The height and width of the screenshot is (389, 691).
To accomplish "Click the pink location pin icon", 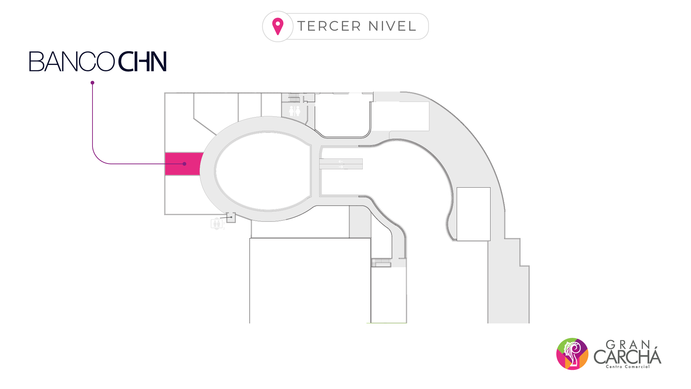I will [x=278, y=26].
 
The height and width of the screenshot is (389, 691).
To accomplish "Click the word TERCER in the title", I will [x=329, y=26].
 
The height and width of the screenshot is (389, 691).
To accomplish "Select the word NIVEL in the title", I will [x=392, y=26].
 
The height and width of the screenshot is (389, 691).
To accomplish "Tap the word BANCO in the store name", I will [x=72, y=62].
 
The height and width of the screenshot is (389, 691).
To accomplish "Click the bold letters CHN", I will [x=143, y=62].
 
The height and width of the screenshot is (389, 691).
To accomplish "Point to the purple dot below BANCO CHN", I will [x=92, y=83].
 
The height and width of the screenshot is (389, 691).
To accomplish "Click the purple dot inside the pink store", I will [x=185, y=164].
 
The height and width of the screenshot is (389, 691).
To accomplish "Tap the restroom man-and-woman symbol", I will [x=294, y=111].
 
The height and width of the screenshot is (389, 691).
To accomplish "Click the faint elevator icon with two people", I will [x=217, y=224].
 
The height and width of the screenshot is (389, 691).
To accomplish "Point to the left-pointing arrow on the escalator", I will [x=340, y=161].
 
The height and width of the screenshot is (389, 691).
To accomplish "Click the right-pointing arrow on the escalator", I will [x=341, y=167].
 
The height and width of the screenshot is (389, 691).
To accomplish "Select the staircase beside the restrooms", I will [x=294, y=97].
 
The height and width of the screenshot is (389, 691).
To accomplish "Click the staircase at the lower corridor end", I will [x=381, y=263].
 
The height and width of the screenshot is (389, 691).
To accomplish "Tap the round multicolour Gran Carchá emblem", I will [x=572, y=354].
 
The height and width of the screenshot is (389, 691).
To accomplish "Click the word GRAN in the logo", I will [x=628, y=345].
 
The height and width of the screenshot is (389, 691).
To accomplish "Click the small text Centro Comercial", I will [x=628, y=367].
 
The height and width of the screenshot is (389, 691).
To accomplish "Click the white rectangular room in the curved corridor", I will [x=473, y=214].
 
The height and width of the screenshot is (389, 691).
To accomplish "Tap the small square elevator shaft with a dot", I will [x=231, y=217].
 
